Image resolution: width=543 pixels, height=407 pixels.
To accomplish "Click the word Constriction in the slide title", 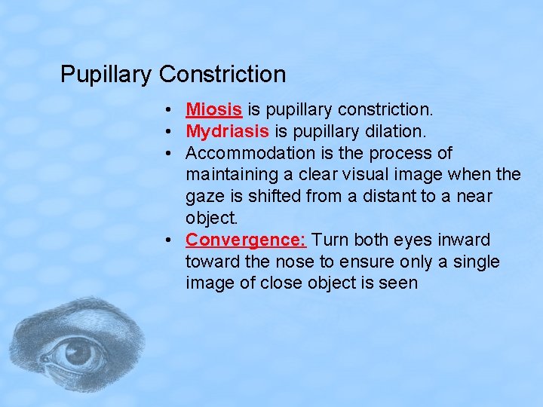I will click(x=222, y=75).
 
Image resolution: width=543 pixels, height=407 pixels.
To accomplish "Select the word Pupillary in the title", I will click(x=107, y=75).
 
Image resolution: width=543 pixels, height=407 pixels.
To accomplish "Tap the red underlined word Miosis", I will click(x=213, y=110).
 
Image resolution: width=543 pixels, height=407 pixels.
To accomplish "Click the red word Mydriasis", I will click(x=227, y=131).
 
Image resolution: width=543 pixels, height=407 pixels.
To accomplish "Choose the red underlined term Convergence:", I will click(x=246, y=240).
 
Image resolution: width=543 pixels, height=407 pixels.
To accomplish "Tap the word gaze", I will click(x=204, y=197).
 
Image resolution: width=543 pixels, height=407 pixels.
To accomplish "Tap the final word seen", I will click(x=400, y=283).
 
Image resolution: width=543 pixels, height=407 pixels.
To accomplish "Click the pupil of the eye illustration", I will click(x=76, y=351).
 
